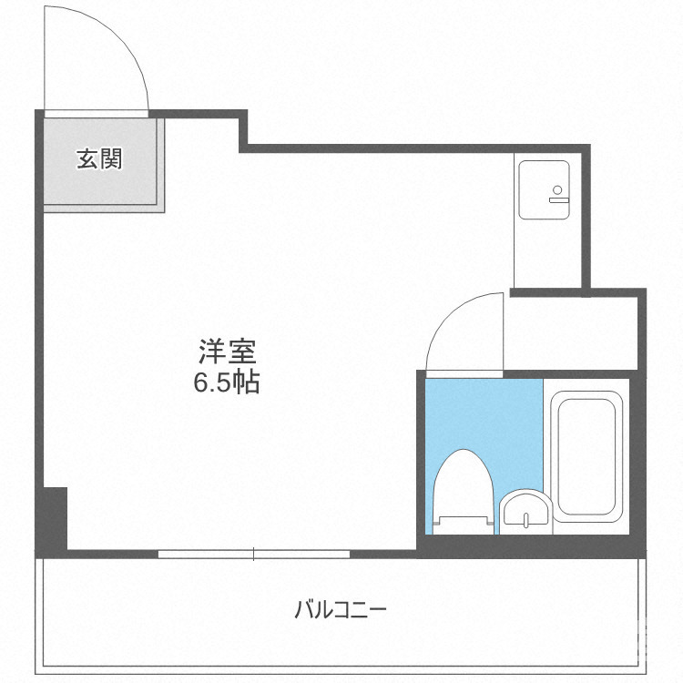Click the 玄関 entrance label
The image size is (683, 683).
99,159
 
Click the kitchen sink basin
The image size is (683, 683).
543,189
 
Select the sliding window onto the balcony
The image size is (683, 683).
253,553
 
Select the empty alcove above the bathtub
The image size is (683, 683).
574,332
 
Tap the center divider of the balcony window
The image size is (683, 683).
253,553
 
